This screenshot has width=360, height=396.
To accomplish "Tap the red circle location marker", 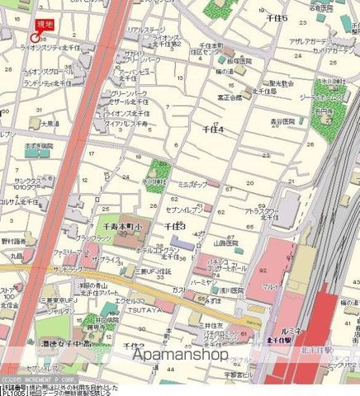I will [34, 38].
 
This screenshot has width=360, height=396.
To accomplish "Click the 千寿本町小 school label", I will [117, 224].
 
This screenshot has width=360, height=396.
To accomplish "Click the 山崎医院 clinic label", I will [225, 244].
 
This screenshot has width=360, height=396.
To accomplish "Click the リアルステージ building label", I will [144, 29].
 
